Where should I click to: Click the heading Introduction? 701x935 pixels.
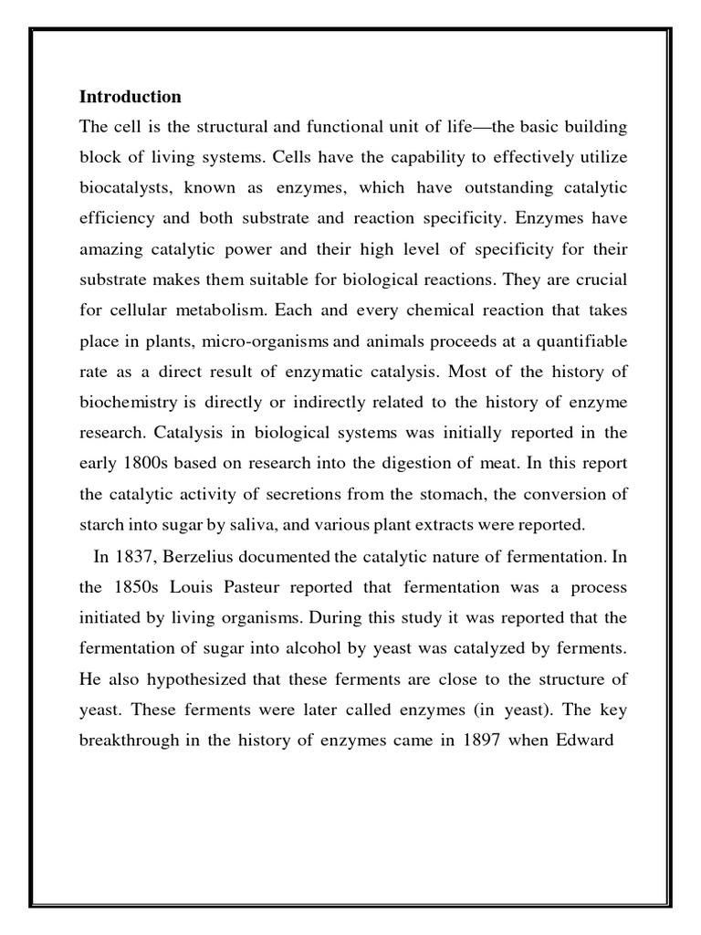131,97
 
